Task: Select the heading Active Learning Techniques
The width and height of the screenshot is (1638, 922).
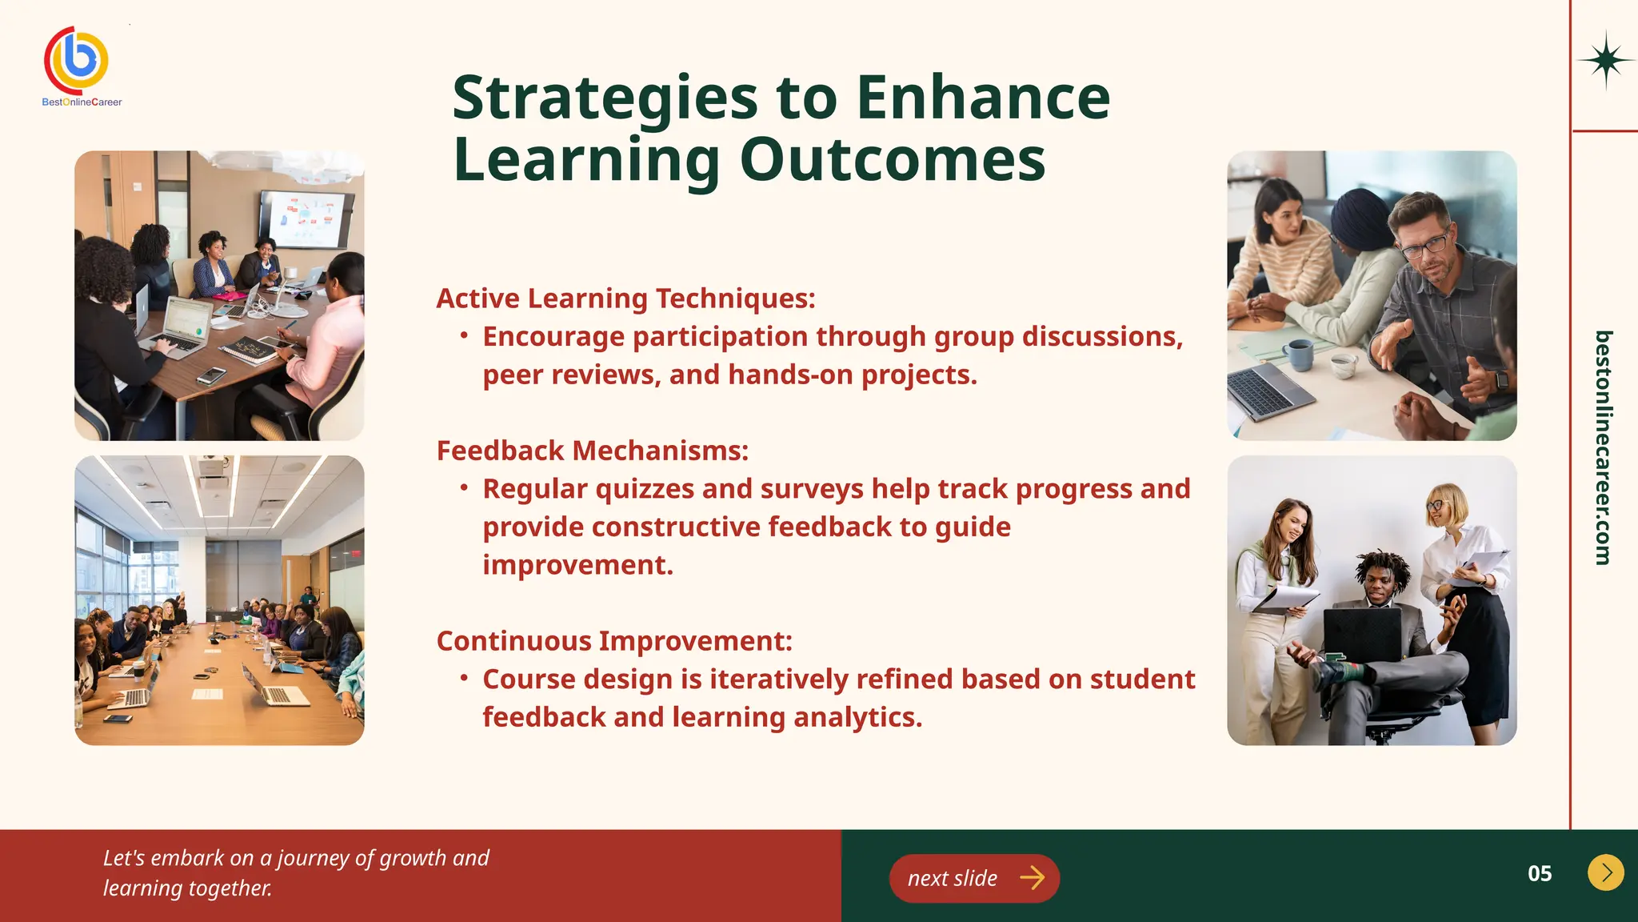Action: (625, 299)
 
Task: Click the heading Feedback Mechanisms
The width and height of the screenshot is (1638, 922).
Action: (592, 451)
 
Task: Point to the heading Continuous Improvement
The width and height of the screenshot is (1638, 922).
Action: (614, 641)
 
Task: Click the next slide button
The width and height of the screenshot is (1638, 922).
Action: (974, 878)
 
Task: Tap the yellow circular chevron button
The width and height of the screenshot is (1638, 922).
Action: (1605, 872)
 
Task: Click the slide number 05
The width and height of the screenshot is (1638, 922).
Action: (1539, 873)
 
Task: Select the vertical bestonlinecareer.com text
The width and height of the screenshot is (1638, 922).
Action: (1602, 448)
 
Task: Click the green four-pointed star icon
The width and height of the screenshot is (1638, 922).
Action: (1605, 60)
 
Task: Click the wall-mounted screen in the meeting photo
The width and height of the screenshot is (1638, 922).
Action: (306, 219)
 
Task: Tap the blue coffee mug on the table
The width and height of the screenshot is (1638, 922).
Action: (1298, 355)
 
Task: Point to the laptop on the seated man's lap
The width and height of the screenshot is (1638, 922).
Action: (1362, 633)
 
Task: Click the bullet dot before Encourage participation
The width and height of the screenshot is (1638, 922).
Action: (464, 336)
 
